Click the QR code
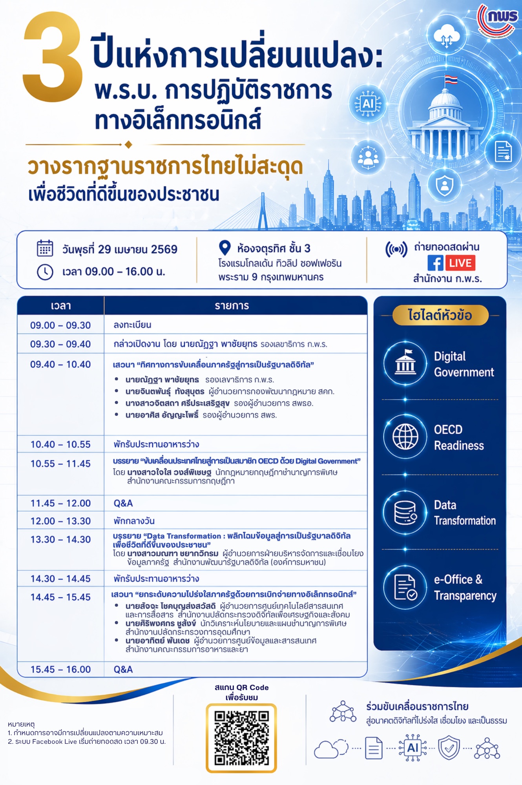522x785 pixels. click(x=241, y=738)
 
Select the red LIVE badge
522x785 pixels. click(x=460, y=263)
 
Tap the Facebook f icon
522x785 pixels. click(x=435, y=263)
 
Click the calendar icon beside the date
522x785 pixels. click(x=45, y=248)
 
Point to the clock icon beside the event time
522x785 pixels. click(x=45, y=272)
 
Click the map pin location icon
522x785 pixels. click(x=224, y=248)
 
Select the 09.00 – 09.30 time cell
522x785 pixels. click(x=60, y=325)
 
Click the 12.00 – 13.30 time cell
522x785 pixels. click(x=60, y=521)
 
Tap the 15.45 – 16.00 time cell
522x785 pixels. click(x=60, y=669)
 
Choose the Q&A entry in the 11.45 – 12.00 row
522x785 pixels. click(x=123, y=503)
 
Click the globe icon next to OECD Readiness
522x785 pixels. click(x=405, y=436)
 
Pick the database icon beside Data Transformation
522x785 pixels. click(x=405, y=512)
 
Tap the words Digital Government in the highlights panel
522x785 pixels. click(x=463, y=364)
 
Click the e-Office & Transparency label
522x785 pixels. click(x=465, y=587)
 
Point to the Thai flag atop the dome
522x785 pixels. click(x=451, y=80)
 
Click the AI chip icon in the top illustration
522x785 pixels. click(x=368, y=104)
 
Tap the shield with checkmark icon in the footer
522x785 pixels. click(x=449, y=748)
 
